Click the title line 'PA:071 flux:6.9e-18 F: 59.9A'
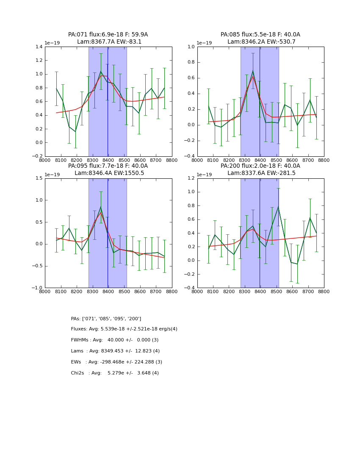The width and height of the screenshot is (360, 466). point(108,35)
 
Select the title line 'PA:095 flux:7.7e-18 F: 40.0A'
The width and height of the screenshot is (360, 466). point(108,166)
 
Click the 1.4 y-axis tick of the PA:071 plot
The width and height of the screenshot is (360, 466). point(38,47)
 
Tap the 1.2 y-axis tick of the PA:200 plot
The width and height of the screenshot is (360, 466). point(190,178)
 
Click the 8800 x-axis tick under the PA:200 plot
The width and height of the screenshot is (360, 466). point(324,291)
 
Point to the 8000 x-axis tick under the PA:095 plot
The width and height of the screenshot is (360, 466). point(44,291)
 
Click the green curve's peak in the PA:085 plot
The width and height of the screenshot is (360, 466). point(253,71)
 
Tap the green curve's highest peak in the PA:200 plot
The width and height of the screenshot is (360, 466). point(278,207)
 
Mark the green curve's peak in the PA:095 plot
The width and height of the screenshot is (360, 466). point(101,207)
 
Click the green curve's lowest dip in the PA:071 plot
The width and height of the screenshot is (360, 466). point(75,131)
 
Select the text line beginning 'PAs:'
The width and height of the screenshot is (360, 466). point(106,319)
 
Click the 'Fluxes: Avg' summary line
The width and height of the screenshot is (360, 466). point(124,329)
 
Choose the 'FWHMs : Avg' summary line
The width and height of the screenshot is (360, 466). point(115,340)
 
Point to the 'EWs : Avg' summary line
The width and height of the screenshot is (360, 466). point(116,362)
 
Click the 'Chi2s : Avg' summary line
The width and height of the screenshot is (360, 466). point(115,373)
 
